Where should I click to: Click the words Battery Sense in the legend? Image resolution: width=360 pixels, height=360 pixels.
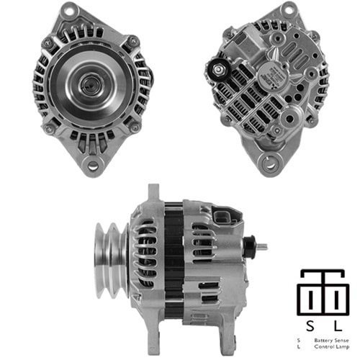click(329, 338)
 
